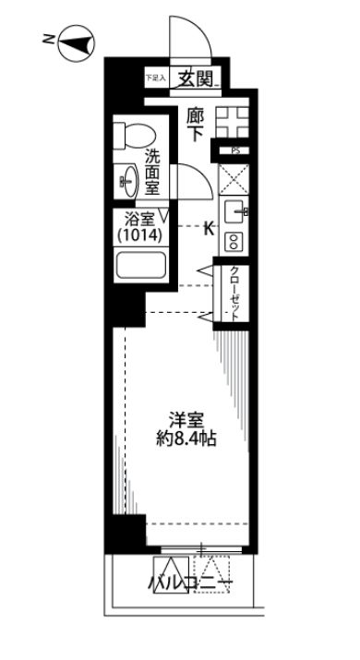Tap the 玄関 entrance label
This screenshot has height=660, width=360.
pyautogui.click(x=197, y=78)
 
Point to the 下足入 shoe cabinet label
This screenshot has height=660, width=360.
pyautogui.click(x=154, y=79)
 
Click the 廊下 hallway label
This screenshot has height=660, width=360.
pyautogui.click(x=195, y=124)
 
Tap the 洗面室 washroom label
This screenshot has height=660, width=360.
pyautogui.click(x=153, y=172)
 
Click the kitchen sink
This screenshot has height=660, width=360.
pyautogui.click(x=234, y=210)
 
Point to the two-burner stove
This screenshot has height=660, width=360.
pyautogui.click(x=234, y=241)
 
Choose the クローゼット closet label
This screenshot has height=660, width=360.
pyautogui.click(x=234, y=294)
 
